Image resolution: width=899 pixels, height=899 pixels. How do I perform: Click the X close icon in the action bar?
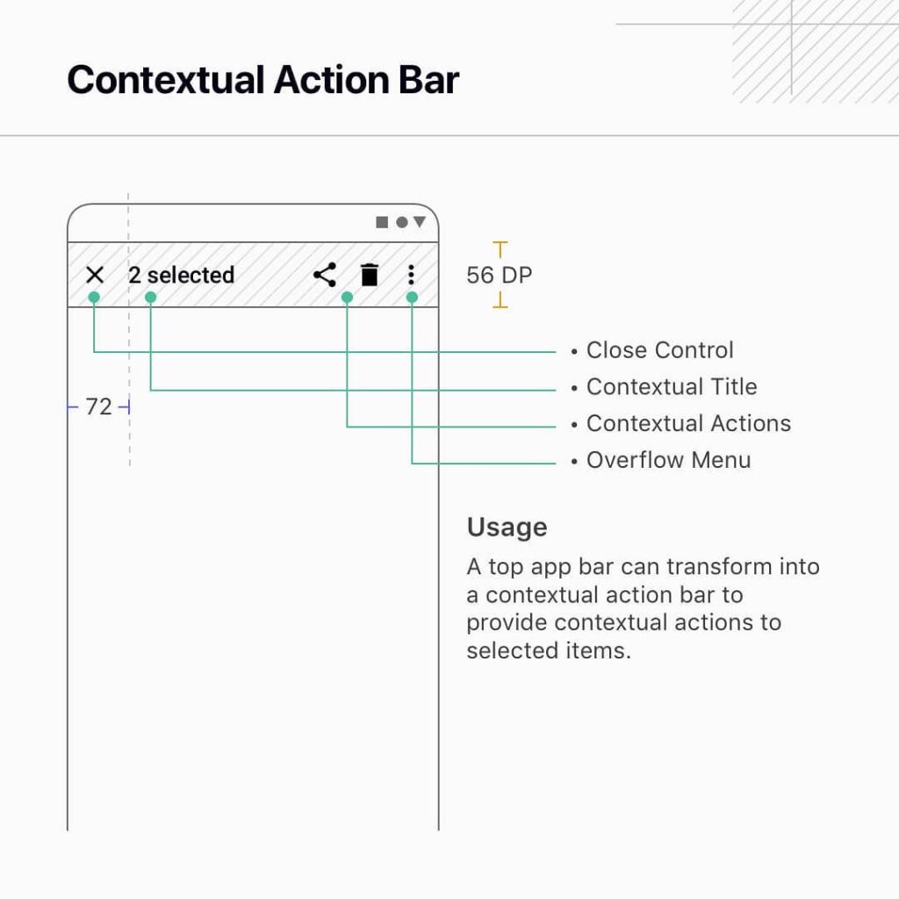95,275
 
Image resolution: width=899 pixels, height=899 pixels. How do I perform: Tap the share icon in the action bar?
325,275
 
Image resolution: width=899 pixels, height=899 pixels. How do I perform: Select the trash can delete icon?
370,275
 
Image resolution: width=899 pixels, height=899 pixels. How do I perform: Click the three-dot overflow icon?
411,275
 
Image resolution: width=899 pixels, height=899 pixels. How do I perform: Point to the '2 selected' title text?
181,275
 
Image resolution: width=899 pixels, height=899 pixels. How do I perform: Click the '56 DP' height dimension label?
500,275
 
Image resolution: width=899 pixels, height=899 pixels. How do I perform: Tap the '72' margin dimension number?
98,407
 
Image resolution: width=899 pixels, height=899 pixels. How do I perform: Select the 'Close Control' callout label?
660,349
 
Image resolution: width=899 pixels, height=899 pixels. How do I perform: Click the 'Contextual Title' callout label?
672,386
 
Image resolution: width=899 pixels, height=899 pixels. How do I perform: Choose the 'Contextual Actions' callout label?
688,423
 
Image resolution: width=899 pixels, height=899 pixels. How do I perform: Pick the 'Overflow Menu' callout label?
668,460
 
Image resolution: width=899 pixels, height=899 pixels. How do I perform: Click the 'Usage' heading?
507,527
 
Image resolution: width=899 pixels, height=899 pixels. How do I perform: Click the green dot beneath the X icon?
94,297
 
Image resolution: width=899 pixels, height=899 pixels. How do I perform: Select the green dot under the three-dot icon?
412,297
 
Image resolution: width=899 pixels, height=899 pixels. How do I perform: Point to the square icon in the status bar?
382,222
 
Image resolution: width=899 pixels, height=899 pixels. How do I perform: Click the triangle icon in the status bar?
420,221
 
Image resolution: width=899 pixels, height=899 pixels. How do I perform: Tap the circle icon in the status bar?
402,222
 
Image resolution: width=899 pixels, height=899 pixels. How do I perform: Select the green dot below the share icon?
347,297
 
